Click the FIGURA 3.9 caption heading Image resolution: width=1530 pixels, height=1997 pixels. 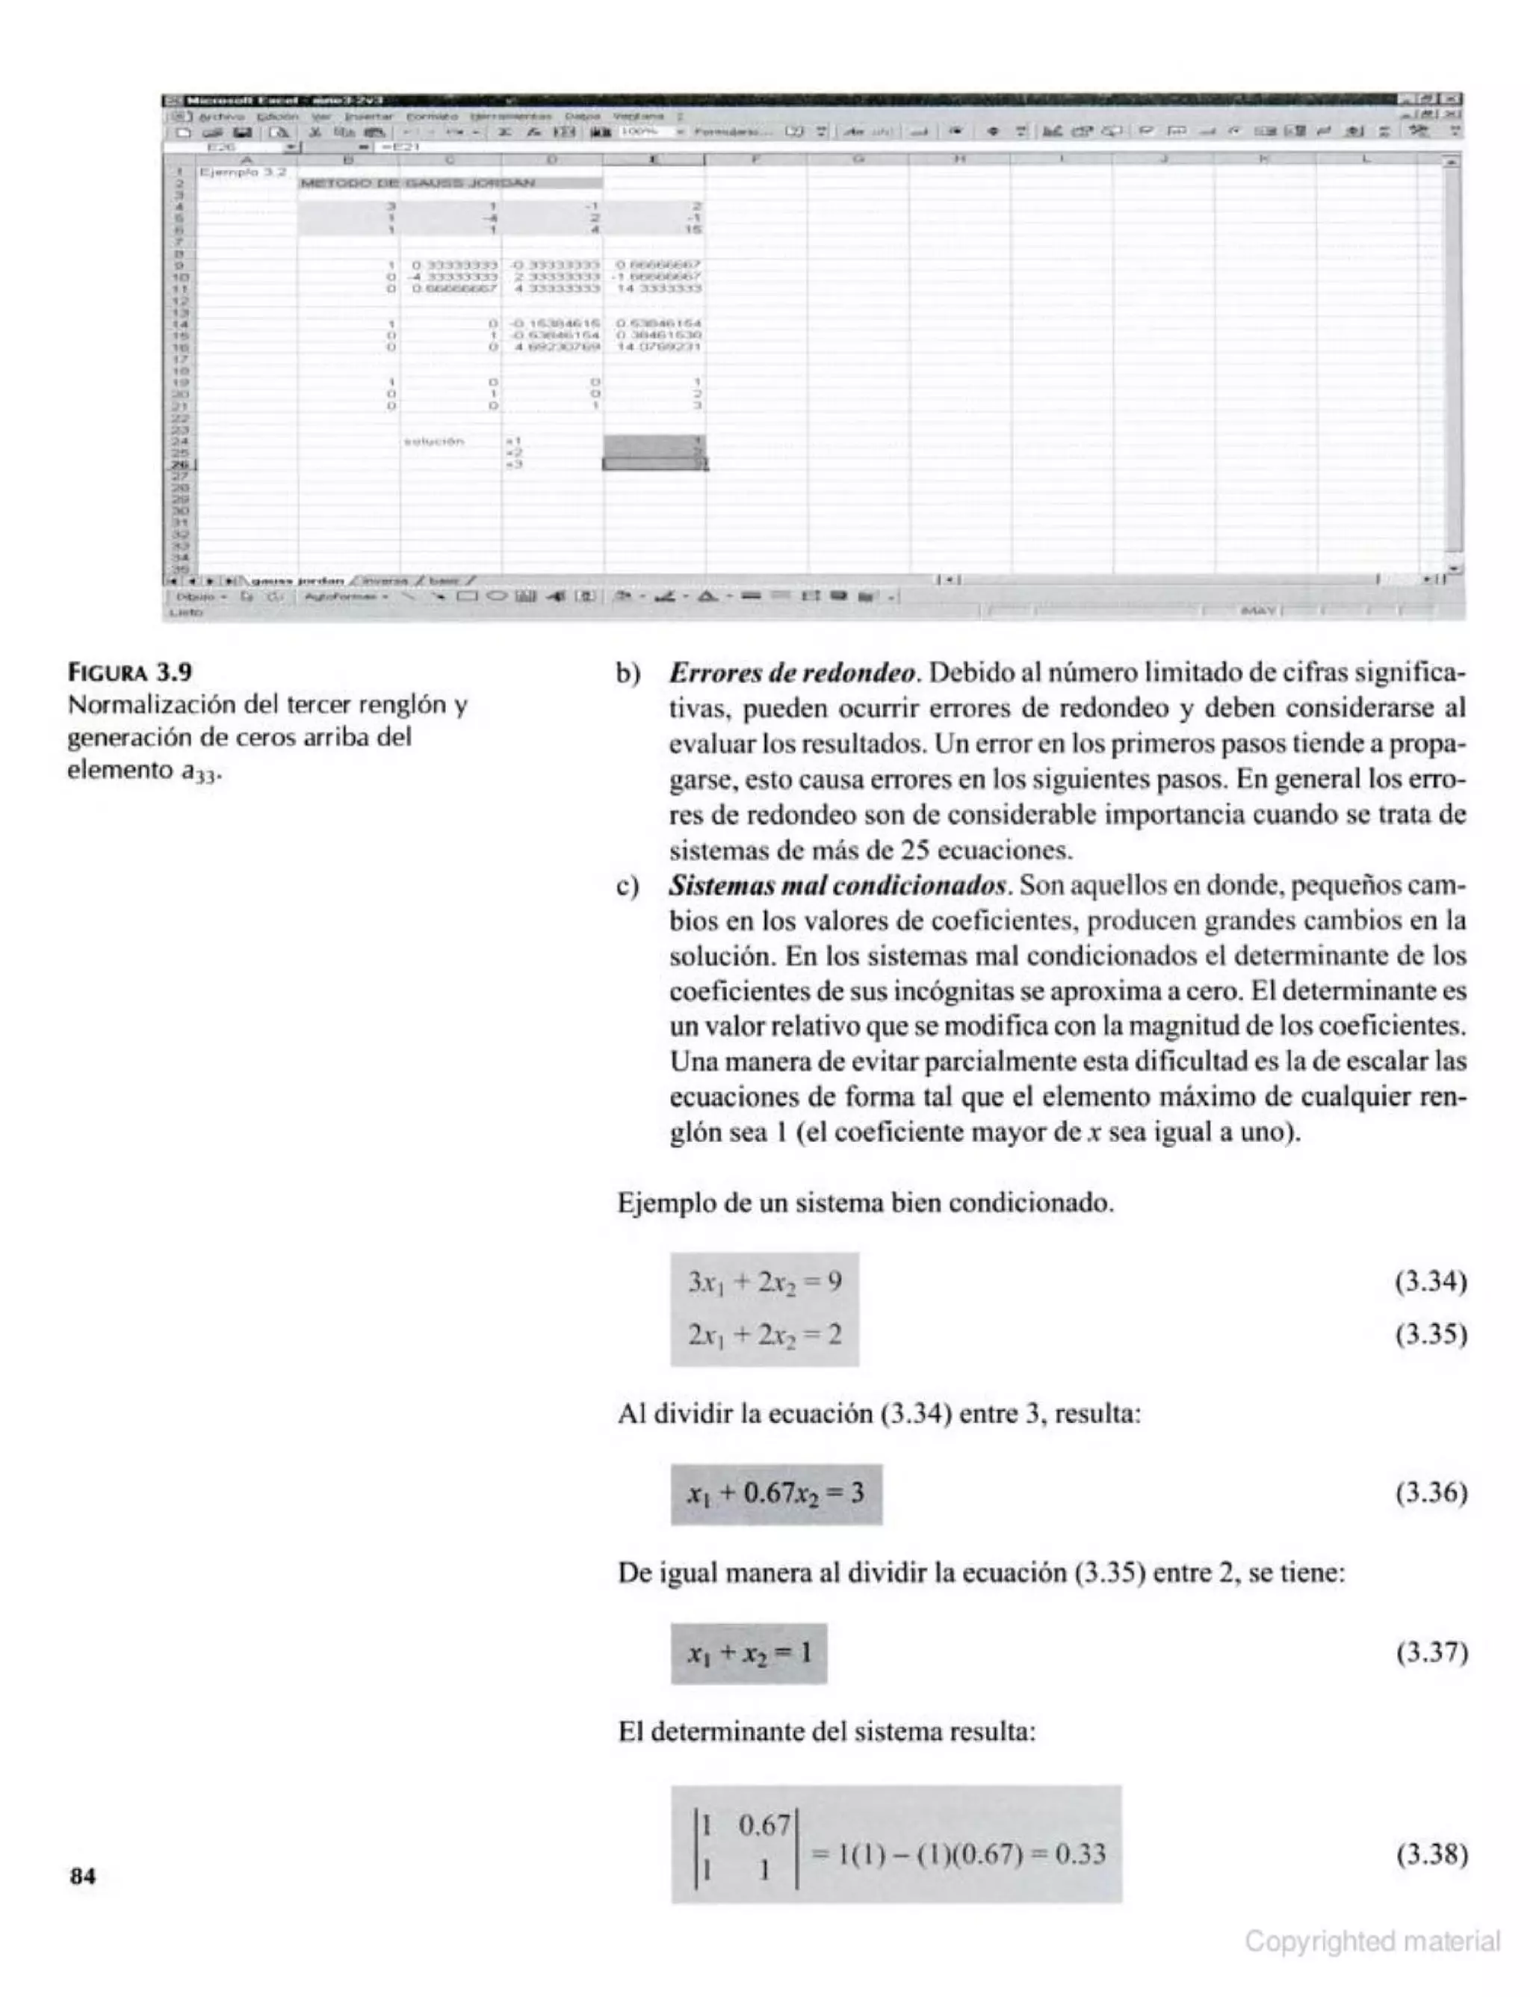point(130,673)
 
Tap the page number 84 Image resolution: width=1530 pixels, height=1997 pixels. point(82,1876)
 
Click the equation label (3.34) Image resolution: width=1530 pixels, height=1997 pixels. point(1431,1282)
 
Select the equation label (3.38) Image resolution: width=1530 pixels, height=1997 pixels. point(1431,1853)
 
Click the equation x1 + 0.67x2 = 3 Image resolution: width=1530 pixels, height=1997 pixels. point(776,1493)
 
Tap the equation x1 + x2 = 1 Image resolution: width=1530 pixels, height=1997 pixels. point(749,1652)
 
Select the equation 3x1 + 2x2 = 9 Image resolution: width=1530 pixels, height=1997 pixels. point(765,1282)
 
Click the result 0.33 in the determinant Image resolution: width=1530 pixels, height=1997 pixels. point(1080,1853)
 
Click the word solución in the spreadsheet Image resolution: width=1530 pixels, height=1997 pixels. point(433,442)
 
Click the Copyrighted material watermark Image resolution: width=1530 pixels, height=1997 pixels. point(1372,1942)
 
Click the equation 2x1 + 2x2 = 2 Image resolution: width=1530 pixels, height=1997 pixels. point(765,1335)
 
